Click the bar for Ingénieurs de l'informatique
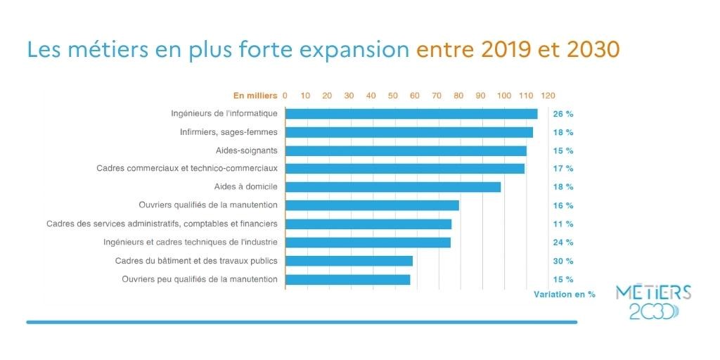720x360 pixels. point(411,114)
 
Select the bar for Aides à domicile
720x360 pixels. point(393,187)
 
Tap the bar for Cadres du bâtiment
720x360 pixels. point(349,261)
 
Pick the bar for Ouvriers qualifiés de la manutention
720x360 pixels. point(372,205)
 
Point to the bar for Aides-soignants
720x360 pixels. point(406,150)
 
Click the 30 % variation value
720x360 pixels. point(563,261)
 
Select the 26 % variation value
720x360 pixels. point(563,114)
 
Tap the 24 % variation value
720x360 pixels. point(563,243)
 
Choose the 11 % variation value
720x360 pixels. point(563,224)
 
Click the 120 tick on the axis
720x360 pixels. point(548,95)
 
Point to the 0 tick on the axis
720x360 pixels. point(285,95)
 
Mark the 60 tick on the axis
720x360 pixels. point(415,95)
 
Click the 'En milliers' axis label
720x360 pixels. point(256,95)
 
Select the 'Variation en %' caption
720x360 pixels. point(565,294)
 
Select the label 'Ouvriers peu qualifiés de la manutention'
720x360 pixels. point(200,279)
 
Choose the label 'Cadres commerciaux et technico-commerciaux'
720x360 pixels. point(187,169)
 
